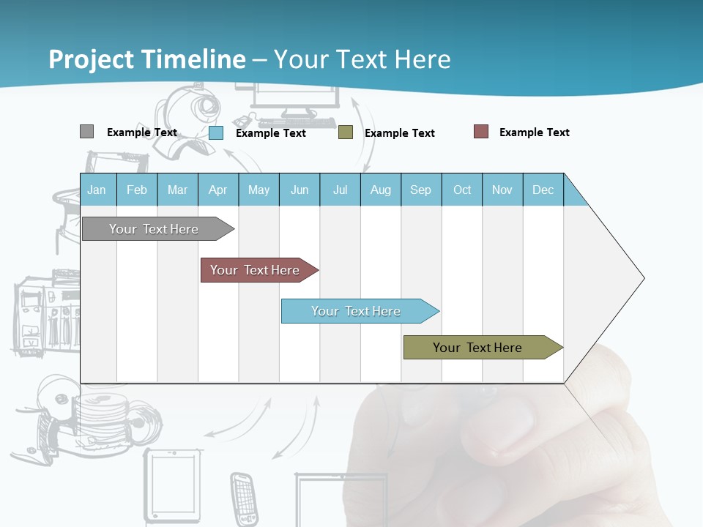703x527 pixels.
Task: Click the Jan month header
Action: click(97, 190)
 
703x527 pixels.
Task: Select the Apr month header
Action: click(218, 190)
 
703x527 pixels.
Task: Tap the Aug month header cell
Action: click(381, 190)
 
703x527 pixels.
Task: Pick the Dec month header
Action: click(543, 190)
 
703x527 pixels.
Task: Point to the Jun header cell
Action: click(300, 190)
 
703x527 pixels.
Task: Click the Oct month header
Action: click(462, 190)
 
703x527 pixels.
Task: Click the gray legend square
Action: click(86, 132)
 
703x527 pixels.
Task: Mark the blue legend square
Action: click(216, 132)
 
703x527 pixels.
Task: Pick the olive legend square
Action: click(346, 132)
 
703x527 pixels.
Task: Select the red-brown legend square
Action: click(481, 132)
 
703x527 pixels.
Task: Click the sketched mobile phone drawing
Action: click(244, 498)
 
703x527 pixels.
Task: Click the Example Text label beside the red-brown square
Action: click(534, 132)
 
